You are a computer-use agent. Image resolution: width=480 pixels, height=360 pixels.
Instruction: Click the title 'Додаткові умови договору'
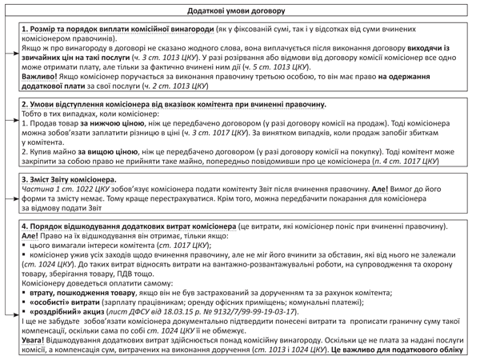click(240, 7)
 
